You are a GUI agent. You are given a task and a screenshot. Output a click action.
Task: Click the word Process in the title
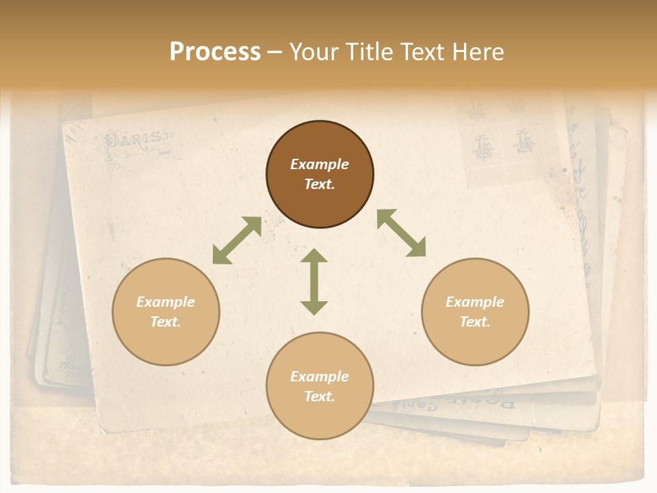[215, 52]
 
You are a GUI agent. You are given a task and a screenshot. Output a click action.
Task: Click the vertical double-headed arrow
[314, 281]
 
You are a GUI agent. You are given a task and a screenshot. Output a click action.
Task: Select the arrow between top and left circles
[237, 240]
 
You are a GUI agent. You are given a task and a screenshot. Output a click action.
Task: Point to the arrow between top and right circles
[401, 233]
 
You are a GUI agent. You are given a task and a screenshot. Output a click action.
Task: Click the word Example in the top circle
[320, 164]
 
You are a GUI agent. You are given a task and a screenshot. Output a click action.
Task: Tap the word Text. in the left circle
[166, 322]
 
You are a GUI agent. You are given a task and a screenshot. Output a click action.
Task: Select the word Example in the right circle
[475, 302]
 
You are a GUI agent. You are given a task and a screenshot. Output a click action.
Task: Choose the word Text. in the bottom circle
[320, 396]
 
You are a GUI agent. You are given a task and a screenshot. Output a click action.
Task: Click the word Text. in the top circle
[320, 184]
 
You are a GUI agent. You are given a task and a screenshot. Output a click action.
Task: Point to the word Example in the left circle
[166, 302]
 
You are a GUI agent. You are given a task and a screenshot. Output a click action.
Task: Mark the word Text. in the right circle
[475, 322]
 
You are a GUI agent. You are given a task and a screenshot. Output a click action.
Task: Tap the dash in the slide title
[275, 53]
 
